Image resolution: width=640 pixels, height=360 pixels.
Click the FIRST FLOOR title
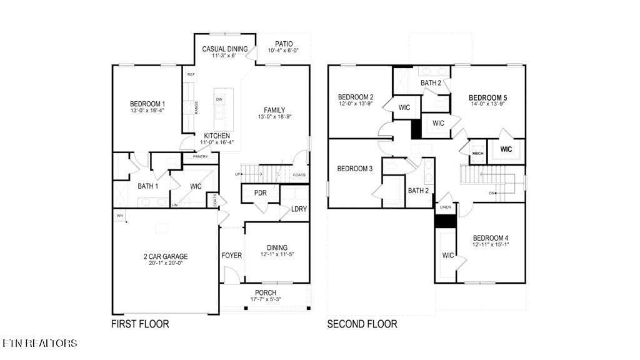140,324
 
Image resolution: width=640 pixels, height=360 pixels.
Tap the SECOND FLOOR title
362,324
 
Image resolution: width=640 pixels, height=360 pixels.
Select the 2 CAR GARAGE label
166,256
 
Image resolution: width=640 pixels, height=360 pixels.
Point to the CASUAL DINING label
225,49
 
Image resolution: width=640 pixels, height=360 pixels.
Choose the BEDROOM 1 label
147,104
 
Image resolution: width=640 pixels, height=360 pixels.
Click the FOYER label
231,256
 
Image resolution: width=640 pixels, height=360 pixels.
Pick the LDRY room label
299,209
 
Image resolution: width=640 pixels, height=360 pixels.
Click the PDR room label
260,193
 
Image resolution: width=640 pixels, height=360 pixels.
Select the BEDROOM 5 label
488,98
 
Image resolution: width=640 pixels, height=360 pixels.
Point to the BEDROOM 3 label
355,169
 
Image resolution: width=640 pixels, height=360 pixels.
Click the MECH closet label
478,153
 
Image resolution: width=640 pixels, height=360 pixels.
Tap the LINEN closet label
446,207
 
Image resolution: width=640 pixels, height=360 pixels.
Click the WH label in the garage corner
119,216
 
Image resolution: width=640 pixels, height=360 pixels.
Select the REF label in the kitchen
191,74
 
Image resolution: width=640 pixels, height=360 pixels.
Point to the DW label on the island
219,99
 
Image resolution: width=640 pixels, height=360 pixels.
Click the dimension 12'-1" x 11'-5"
277,254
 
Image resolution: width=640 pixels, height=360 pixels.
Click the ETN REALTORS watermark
40,343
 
